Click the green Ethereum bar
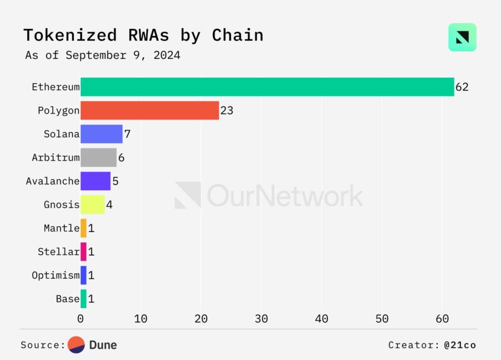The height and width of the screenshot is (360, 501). [x=267, y=87]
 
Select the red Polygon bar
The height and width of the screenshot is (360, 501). [x=150, y=111]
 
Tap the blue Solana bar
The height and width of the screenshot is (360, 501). [x=101, y=134]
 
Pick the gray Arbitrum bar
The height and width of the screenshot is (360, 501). [x=98, y=158]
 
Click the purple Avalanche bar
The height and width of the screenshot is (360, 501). [x=95, y=181]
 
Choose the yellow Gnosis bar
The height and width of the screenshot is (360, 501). [x=93, y=204]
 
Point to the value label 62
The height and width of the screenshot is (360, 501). [x=462, y=87]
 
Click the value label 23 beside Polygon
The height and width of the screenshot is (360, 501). [x=227, y=111]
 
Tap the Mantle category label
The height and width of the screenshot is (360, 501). [x=61, y=228]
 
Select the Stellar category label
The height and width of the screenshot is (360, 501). [x=58, y=252]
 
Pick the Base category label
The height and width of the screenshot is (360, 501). [x=67, y=299]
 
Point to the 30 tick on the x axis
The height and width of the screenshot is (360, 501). [x=261, y=319]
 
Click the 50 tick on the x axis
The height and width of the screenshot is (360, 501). [x=382, y=319]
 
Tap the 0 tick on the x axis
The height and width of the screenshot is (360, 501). [x=81, y=319]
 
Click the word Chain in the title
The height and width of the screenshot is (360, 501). [x=238, y=35]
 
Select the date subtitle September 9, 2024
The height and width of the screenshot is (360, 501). [x=123, y=56]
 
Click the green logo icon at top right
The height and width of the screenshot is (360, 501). [x=462, y=37]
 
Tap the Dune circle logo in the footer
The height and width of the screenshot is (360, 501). [x=77, y=345]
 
